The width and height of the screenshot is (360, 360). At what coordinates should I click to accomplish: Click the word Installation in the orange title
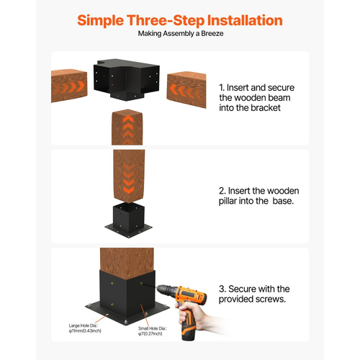tap(245, 20)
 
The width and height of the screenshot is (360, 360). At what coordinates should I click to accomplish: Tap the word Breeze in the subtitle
tap(212, 33)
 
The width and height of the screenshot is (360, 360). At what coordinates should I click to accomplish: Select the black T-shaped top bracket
tap(127, 80)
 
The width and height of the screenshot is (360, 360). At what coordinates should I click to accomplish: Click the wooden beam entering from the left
tap(69, 86)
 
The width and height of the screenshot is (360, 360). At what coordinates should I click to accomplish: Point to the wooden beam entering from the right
tap(186, 89)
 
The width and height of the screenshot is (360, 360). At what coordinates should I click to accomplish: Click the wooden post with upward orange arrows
tap(127, 127)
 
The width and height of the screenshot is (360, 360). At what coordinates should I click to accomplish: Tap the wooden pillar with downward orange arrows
tap(129, 176)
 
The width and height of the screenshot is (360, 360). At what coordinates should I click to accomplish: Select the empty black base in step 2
tap(129, 220)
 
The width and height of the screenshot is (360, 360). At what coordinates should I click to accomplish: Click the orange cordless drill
tap(185, 310)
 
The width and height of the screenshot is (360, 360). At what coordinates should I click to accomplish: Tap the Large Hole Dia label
tap(85, 328)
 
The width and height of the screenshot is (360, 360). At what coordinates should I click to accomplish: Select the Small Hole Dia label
tap(152, 331)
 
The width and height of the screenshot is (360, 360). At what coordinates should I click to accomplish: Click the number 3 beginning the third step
tap(222, 289)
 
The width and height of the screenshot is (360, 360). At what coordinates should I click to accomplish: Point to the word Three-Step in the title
tap(166, 21)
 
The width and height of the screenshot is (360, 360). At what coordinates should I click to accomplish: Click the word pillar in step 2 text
tap(228, 201)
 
